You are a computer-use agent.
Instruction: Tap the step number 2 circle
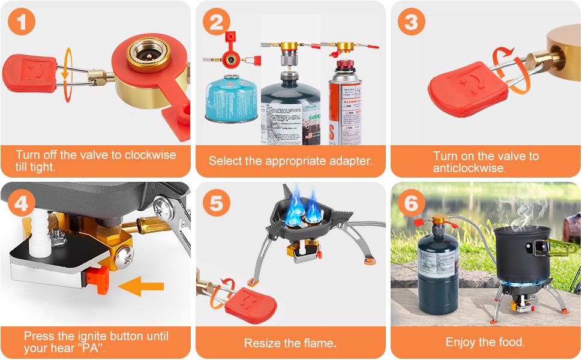tap(217, 23)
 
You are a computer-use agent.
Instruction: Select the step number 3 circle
tap(411, 22)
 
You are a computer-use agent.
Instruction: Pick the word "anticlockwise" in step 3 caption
tap(470, 168)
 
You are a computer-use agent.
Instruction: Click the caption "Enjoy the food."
tap(485, 342)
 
